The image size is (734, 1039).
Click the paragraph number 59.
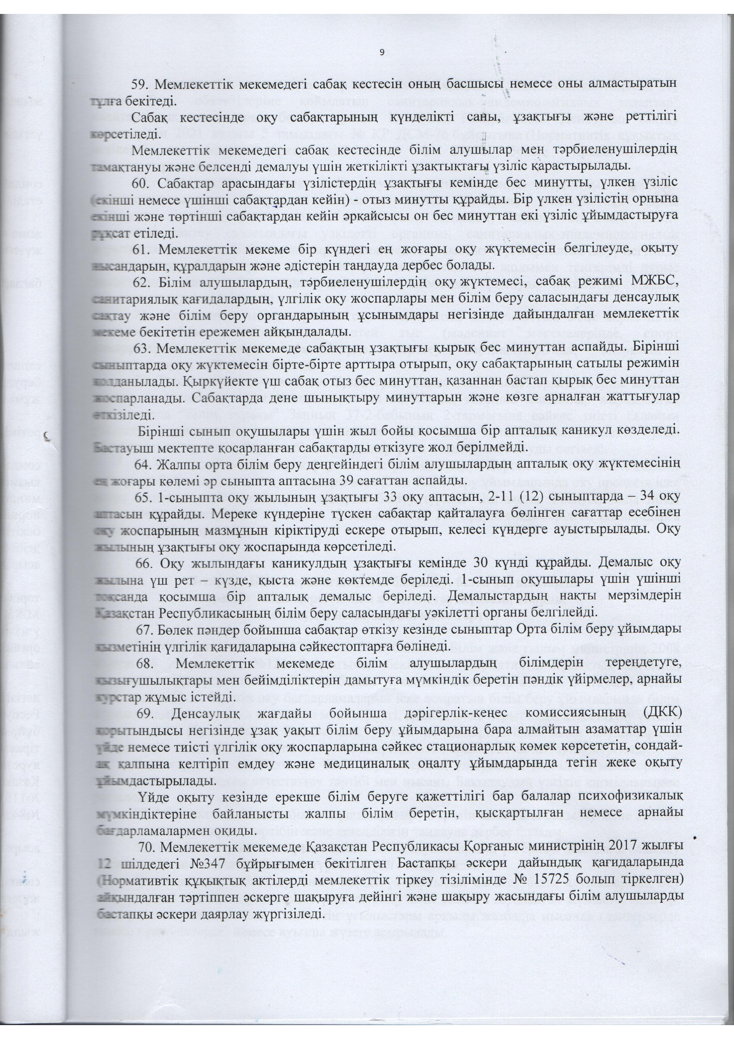point(139,84)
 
